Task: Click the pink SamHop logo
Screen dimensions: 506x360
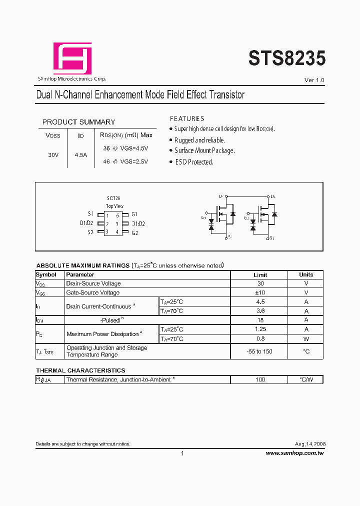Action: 72,58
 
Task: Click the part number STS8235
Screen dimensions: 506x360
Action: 287,58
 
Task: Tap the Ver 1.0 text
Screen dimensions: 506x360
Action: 314,80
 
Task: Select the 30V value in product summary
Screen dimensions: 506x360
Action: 53,155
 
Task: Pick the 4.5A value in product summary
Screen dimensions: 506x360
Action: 80,155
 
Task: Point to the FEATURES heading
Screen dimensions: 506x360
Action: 187,119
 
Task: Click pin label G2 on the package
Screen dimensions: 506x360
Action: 134,232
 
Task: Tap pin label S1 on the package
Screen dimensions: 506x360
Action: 90,214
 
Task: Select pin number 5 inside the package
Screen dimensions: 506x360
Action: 117,224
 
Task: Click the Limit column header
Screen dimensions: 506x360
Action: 260,275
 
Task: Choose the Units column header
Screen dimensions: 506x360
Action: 306,274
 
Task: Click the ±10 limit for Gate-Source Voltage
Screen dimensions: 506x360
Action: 260,292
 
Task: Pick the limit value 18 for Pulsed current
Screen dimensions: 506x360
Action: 260,320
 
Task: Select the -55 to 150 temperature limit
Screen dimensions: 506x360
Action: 260,351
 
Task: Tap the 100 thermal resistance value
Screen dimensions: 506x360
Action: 260,380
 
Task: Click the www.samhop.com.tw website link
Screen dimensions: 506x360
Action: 295,453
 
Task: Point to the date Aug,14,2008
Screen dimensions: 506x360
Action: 310,444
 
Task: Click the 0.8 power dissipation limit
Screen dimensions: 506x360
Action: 260,338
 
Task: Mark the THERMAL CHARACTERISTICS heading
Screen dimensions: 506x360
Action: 80,370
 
